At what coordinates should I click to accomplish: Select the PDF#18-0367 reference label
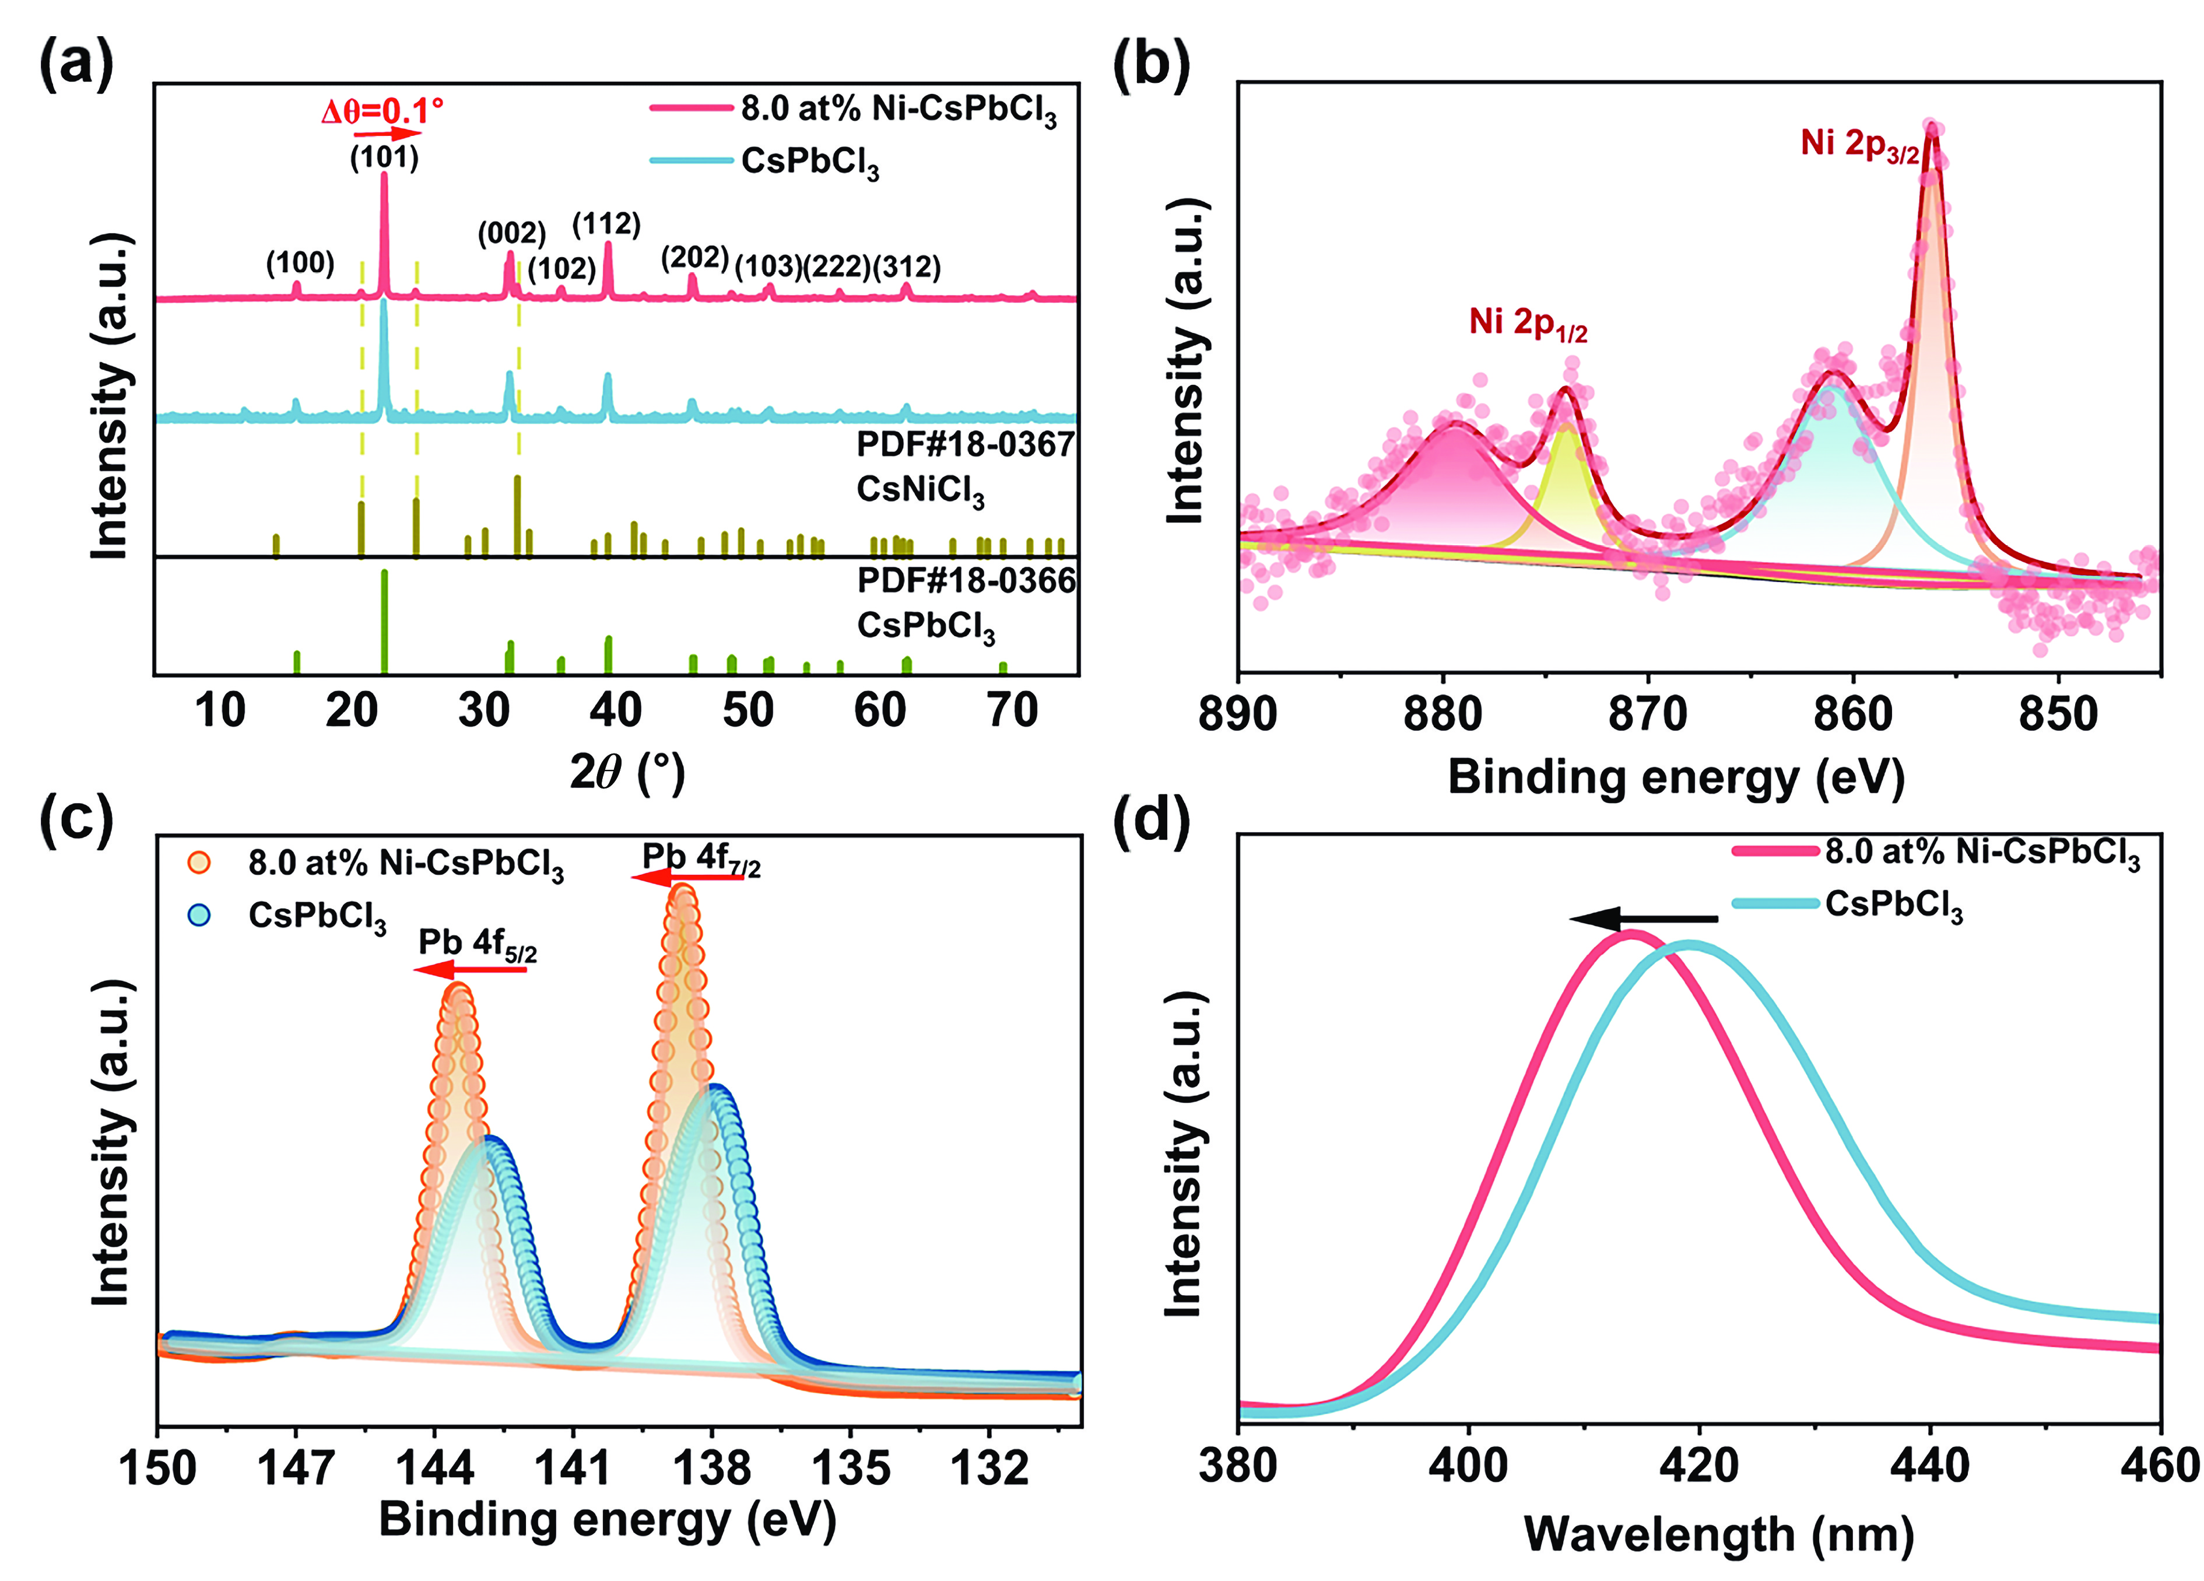[x=965, y=445]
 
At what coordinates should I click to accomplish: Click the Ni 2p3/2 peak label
[x=1859, y=145]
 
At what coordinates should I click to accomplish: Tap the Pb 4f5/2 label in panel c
[x=477, y=944]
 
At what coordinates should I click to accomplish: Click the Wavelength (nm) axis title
[x=1718, y=1536]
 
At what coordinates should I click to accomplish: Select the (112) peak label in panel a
[x=606, y=225]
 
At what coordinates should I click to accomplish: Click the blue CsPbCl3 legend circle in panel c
[x=199, y=914]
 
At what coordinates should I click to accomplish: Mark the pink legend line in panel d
[x=1774, y=852]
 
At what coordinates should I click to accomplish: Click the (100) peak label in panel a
[x=300, y=264]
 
